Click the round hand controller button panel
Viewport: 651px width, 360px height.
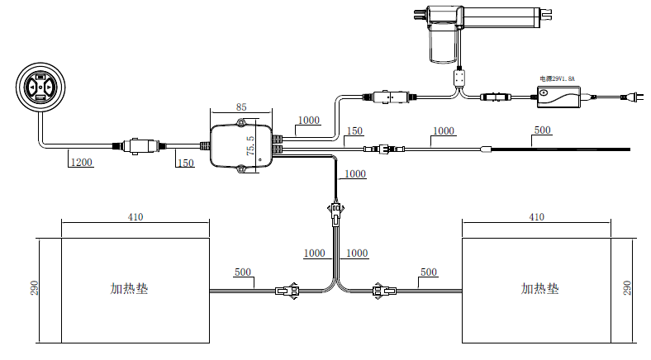point(40,88)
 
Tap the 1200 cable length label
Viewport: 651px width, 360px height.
point(81,162)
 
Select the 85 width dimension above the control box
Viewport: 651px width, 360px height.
point(241,107)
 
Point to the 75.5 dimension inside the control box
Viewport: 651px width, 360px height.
point(251,145)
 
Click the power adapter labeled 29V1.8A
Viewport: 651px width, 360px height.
point(558,97)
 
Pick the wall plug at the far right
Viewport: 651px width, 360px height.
point(632,97)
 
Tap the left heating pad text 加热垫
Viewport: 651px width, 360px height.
point(129,288)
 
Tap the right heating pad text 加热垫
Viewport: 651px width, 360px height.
point(540,288)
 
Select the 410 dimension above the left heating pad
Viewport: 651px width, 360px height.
point(135,217)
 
